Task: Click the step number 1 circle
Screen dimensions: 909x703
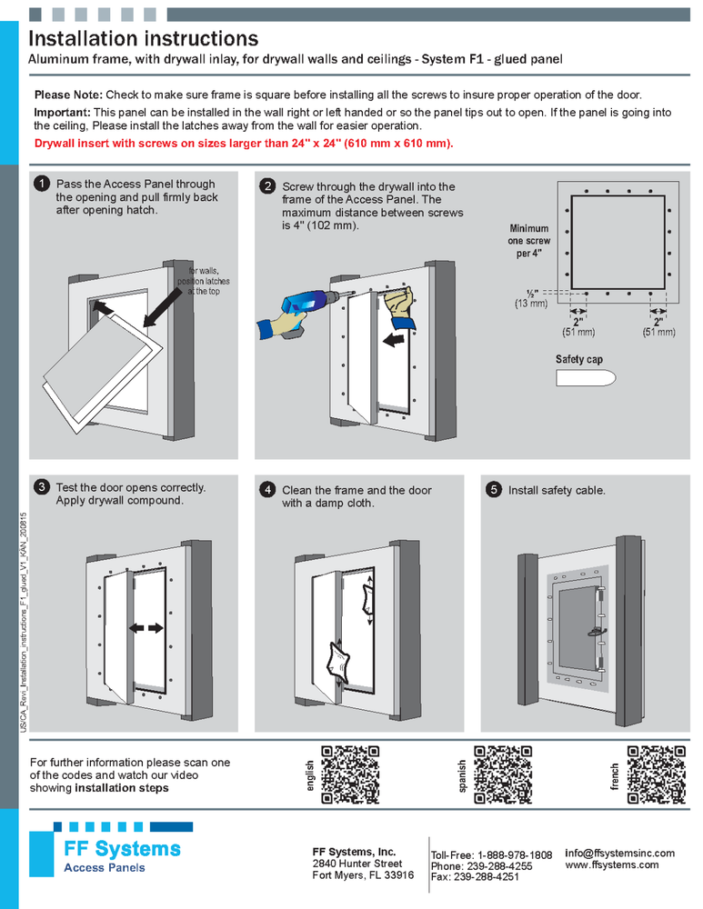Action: click(42, 184)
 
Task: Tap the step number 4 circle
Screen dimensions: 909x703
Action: click(267, 490)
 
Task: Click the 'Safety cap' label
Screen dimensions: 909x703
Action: click(578, 360)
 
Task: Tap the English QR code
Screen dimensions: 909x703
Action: click(350, 774)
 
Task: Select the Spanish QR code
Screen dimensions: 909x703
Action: click(503, 774)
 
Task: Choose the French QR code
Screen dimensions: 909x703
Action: click(655, 774)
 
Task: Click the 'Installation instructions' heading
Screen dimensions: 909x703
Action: click(144, 39)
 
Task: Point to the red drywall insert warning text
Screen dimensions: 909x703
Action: click(243, 145)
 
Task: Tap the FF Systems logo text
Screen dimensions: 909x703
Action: click(122, 850)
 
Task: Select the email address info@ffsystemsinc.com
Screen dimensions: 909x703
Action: click(619, 853)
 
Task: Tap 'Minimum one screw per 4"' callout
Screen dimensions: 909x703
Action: click(528, 241)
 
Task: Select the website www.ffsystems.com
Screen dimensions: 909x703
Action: click(611, 865)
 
